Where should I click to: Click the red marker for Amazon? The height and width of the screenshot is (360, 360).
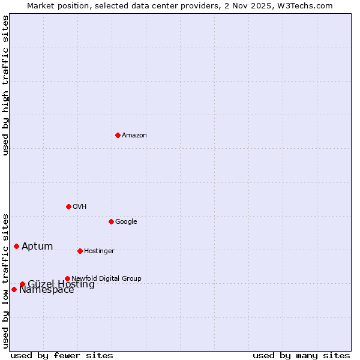(x=118, y=135)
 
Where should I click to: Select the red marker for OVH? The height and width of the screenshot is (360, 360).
(x=68, y=206)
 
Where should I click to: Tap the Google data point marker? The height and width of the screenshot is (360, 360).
(x=111, y=221)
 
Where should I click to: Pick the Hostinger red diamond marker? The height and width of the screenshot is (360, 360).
(x=80, y=251)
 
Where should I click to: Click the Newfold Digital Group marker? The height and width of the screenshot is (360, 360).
(x=67, y=278)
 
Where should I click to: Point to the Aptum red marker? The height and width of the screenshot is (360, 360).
(x=16, y=246)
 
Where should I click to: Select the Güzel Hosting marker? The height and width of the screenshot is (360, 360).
(x=22, y=284)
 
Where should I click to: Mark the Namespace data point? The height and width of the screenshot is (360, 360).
(x=14, y=289)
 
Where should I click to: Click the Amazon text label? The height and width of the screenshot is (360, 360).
(x=134, y=136)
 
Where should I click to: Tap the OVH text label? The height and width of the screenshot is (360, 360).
(x=80, y=207)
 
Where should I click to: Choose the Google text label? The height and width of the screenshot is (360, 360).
(x=126, y=222)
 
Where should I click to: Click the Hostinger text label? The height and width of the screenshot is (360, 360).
(x=99, y=251)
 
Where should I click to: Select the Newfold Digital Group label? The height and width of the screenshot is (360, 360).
(x=106, y=279)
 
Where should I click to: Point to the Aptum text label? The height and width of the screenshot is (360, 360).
(x=37, y=247)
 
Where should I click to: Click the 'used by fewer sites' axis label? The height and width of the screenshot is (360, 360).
(x=62, y=355)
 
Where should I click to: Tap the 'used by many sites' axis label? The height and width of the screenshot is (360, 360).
(x=301, y=355)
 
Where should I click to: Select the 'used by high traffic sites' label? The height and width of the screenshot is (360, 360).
(x=6, y=85)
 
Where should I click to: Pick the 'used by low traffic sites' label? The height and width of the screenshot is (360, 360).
(x=6, y=281)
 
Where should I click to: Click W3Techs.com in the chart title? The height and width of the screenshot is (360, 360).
(x=309, y=6)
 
